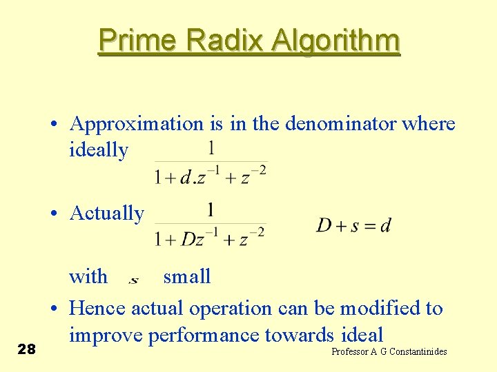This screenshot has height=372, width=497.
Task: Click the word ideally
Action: (99, 150)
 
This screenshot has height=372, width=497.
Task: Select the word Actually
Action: (106, 214)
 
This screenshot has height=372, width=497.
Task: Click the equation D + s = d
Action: (353, 225)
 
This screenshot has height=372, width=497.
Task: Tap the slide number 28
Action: (26, 349)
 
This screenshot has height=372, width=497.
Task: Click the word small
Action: (186, 277)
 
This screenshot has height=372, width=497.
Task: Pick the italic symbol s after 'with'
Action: (133, 279)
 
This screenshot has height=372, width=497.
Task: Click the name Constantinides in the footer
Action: (418, 352)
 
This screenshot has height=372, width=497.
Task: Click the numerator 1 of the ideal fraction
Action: (211, 147)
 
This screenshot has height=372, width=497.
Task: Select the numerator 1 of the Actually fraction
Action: (211, 209)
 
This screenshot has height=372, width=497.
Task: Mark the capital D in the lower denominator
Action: (188, 238)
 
